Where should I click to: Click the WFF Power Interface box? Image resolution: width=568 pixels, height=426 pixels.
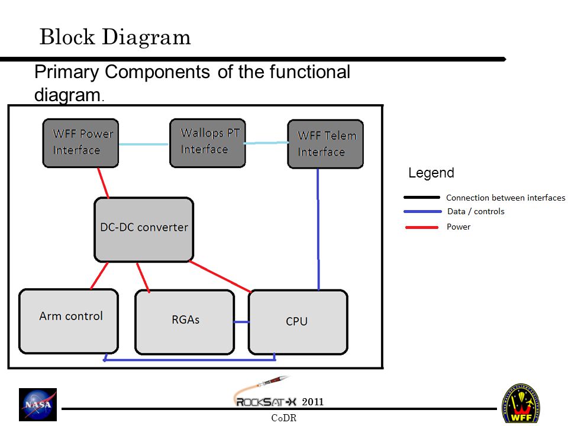pyautogui.click(x=80, y=143)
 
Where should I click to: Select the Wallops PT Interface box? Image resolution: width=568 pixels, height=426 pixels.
pyautogui.click(x=208, y=143)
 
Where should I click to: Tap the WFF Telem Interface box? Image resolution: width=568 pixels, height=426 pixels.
pyautogui.click(x=325, y=144)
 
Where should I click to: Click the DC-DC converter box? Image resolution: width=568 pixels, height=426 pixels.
pyautogui.click(x=144, y=230)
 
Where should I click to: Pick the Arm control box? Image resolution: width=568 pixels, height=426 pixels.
pyautogui.click(x=69, y=321)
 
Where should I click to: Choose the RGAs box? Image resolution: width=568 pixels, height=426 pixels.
pyautogui.click(x=185, y=322)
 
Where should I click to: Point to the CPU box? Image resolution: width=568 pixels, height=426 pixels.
pyautogui.click(x=298, y=322)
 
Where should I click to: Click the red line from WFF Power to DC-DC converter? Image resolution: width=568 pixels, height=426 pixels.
pyautogui.click(x=103, y=183)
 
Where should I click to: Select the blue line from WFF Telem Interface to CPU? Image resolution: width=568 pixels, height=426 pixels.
pyautogui.click(x=318, y=230)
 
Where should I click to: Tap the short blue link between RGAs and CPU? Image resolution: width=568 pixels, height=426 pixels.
pyautogui.click(x=241, y=322)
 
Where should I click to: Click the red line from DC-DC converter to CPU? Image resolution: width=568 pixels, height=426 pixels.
pyautogui.click(x=220, y=276)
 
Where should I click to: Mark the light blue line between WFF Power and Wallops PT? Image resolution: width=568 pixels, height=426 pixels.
pyautogui.click(x=144, y=144)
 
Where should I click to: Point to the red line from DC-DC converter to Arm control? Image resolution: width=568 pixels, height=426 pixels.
pyautogui.click(x=99, y=276)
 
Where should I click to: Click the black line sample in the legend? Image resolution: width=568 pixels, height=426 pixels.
pyautogui.click(x=422, y=198)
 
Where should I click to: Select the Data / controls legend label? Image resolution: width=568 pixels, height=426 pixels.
pyautogui.click(x=476, y=211)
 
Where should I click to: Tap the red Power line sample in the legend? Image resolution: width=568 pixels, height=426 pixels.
pyautogui.click(x=422, y=227)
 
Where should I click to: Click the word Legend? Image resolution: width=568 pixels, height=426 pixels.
pyautogui.click(x=431, y=173)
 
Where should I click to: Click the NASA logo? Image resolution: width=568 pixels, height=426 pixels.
pyautogui.click(x=38, y=404)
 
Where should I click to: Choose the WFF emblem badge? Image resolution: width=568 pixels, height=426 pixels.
pyautogui.click(x=521, y=404)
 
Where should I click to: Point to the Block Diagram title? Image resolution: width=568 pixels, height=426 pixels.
pyautogui.click(x=115, y=37)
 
